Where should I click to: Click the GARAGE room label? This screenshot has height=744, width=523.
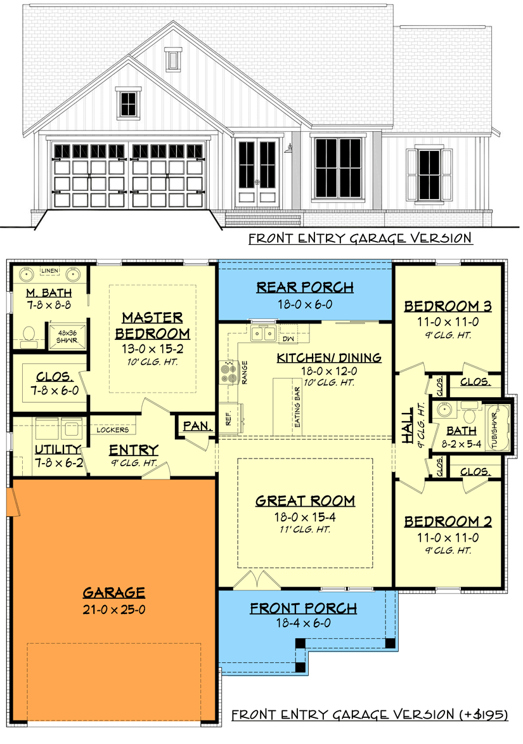114,592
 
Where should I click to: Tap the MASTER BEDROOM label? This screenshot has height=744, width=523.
152,325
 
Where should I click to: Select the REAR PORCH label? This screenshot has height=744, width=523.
305,287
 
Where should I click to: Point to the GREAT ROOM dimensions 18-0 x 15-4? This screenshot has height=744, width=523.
305,517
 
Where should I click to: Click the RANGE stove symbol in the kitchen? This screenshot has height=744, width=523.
226,370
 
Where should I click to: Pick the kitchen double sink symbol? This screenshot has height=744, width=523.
262,333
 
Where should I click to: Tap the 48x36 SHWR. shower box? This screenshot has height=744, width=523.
65,334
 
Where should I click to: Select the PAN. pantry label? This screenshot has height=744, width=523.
198,426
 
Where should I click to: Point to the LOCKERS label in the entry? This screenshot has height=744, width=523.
113,430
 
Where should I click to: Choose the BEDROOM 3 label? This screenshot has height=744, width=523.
448,307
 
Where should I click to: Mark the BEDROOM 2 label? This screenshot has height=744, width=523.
448,521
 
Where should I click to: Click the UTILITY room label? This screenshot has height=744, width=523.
58,450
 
